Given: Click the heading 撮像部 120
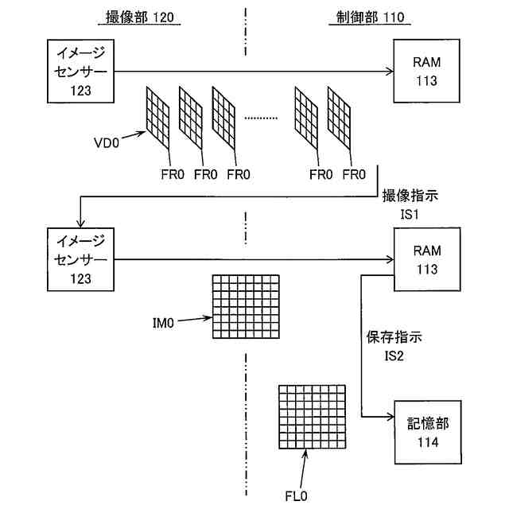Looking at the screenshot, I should [138, 17].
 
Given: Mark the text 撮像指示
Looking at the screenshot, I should [410, 196].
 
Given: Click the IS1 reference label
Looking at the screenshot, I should [410, 214].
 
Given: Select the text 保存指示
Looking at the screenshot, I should [394, 337].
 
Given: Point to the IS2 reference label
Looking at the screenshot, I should [393, 356].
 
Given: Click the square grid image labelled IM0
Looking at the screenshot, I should [247, 308].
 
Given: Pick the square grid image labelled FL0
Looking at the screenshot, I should [312, 416].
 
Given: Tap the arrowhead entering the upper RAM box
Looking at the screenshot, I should [389, 72].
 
